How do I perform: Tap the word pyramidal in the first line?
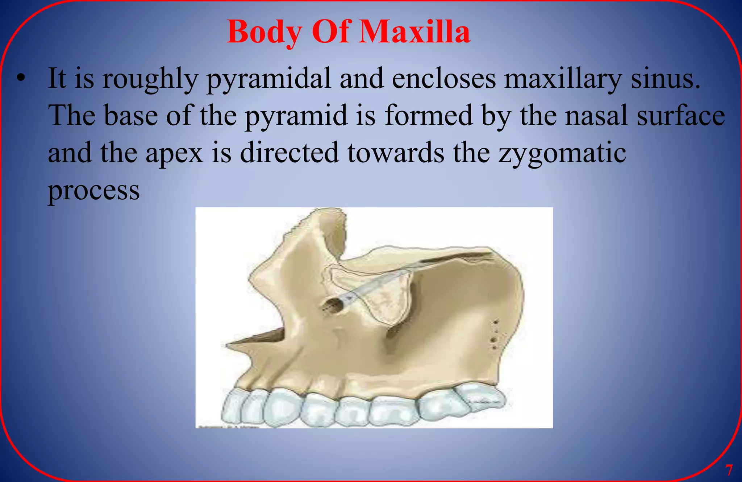click(x=268, y=79)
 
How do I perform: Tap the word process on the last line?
click(x=94, y=191)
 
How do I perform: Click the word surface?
click(x=681, y=115)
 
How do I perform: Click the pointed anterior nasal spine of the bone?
click(x=228, y=344)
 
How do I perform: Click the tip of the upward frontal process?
click(x=328, y=212)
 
